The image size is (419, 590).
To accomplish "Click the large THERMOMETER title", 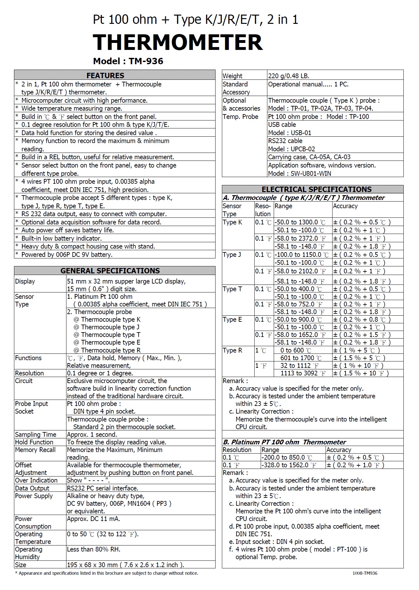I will coord(178,42).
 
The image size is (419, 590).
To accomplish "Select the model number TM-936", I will coord(146,61).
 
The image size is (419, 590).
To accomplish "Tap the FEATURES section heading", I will coord(105,75).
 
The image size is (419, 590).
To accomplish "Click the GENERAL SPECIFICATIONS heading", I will coord(110,271).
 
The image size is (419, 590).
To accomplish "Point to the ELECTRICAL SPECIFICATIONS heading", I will coord(316,189).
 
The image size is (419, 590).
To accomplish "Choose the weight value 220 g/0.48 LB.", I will coord(289,76).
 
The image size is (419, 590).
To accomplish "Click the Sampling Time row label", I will coord(36,434).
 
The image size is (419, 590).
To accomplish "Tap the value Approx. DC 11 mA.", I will coord(93,519).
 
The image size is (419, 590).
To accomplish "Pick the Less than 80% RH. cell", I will coord(93,549).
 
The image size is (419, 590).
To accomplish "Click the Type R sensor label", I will coord(232,350).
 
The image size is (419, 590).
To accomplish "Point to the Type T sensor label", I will coord(232,289).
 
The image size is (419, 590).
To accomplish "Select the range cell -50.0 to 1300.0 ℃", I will coord(300,222).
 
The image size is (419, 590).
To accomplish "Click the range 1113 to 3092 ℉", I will coord(303,373).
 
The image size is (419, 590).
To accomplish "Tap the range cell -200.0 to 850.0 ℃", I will coord(287,457).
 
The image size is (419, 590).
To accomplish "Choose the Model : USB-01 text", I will coord(290,133).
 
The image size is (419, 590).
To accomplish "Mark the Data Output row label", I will coord(32,488).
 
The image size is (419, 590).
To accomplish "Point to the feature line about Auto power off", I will coord(67,230).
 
